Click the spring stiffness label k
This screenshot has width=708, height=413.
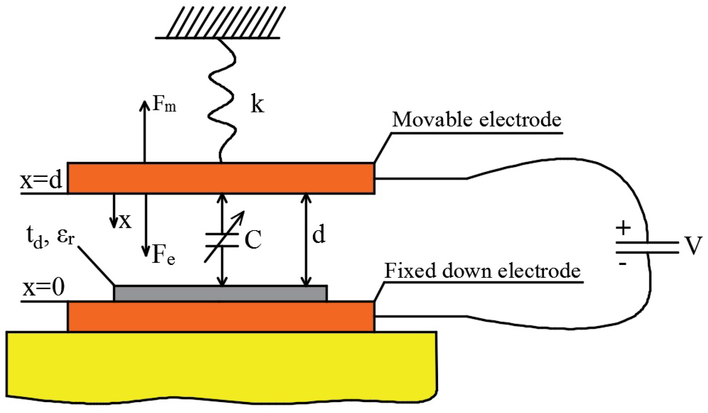pyautogui.click(x=257, y=104)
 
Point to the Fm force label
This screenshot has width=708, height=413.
pyautogui.click(x=164, y=104)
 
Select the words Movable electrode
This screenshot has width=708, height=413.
pyautogui.click(x=476, y=120)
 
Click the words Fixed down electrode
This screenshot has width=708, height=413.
pyautogui.click(x=482, y=271)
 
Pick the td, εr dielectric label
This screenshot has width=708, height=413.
pyautogui.click(x=50, y=237)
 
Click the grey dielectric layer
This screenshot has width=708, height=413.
pyautogui.click(x=220, y=293)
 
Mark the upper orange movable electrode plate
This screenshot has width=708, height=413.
pyautogui.click(x=221, y=178)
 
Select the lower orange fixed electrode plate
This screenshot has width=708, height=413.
pyautogui.click(x=221, y=316)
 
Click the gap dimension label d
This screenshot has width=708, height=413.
pyautogui.click(x=318, y=235)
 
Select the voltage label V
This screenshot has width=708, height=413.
pyautogui.click(x=694, y=246)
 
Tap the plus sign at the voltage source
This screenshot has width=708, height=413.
pyautogui.click(x=623, y=228)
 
